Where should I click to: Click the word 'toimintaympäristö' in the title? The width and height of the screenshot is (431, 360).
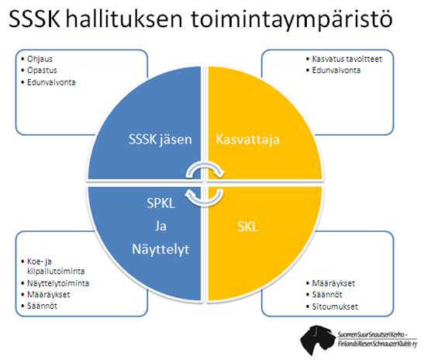(x=291, y=19)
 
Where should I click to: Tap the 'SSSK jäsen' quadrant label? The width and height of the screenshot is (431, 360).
(x=160, y=139)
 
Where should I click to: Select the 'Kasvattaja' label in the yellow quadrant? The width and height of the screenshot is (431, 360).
(x=247, y=139)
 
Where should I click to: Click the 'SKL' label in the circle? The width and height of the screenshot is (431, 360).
(x=247, y=227)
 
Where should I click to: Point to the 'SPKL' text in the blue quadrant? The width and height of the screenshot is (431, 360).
(x=160, y=203)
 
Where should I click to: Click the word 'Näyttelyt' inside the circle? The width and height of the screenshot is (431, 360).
(x=160, y=250)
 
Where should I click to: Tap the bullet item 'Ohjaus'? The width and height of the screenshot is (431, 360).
(x=40, y=59)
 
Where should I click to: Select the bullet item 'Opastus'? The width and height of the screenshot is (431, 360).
(x=42, y=71)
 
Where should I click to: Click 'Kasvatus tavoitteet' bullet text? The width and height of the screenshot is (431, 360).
(x=347, y=59)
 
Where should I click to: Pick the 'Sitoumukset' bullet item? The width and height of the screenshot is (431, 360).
(x=335, y=306)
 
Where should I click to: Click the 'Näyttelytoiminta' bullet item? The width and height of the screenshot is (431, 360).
(x=58, y=283)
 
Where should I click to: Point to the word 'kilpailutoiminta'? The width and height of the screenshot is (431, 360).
(x=56, y=272)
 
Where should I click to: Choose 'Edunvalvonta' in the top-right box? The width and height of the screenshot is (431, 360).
(x=336, y=71)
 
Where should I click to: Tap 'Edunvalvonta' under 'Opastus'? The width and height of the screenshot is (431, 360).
(x=51, y=82)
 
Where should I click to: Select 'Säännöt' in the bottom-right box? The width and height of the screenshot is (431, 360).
(x=327, y=295)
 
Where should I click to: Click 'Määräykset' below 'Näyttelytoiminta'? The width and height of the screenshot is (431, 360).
(x=48, y=295)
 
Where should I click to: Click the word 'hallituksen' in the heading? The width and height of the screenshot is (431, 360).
(x=124, y=19)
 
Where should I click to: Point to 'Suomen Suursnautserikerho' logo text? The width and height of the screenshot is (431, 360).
(x=373, y=335)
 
